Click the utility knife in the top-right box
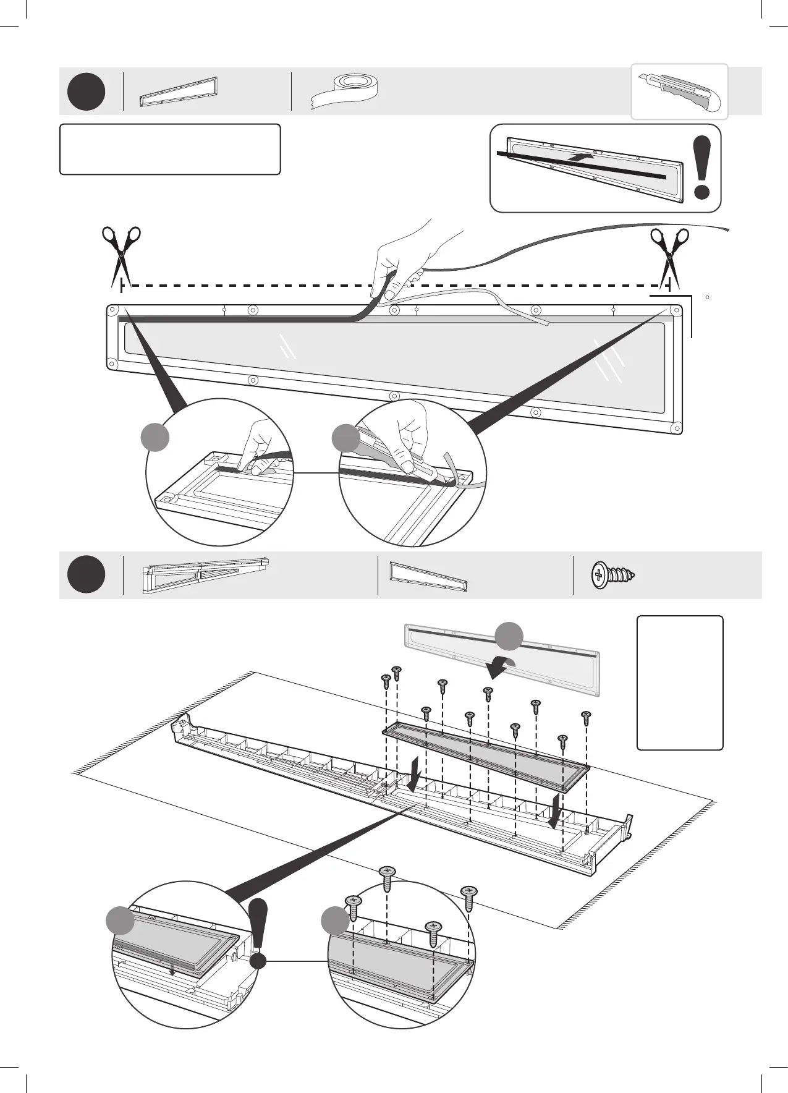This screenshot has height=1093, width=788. click(679, 91)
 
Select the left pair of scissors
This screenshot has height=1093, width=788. click(121, 253)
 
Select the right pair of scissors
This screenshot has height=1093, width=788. click(669, 254)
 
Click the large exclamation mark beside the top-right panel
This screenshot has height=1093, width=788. click(701, 168)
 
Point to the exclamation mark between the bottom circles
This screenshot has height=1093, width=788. click(258, 935)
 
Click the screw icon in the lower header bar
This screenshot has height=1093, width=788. click(612, 575)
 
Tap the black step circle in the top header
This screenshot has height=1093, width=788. click(87, 91)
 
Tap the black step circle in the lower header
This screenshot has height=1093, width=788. click(87, 574)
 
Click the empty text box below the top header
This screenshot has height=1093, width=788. click(170, 149)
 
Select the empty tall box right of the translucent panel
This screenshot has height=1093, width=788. click(680, 683)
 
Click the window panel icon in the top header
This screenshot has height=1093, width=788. click(179, 92)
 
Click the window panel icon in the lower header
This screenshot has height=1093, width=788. click(428, 576)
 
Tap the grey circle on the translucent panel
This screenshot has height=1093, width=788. click(509, 636)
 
